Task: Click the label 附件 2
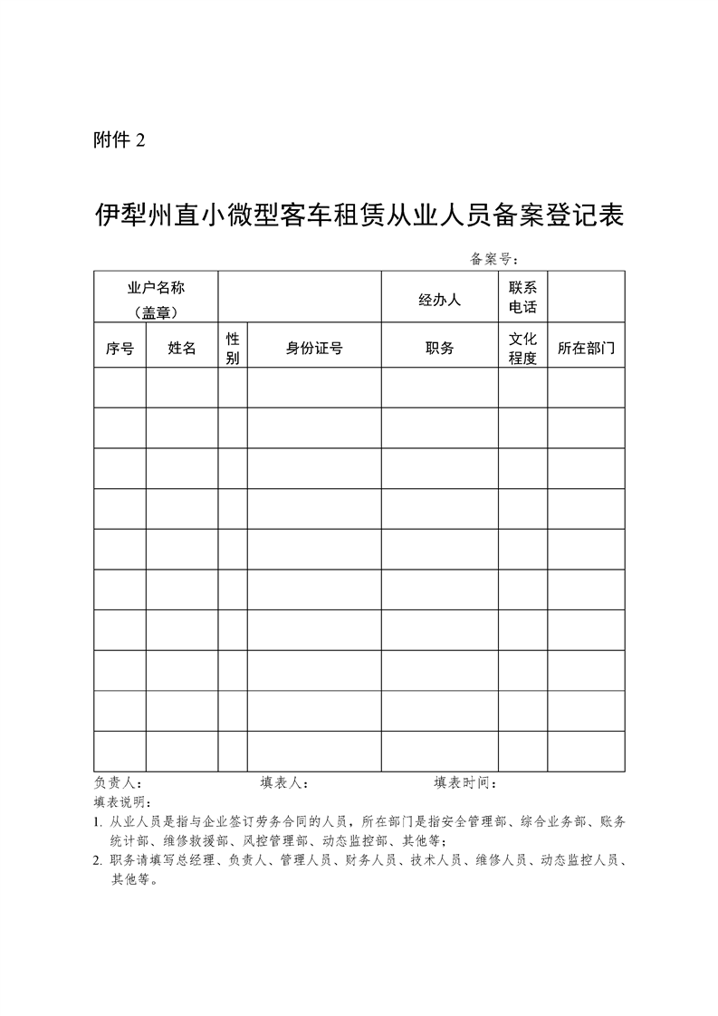tap(119, 140)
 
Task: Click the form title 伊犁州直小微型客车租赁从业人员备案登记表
tap(359, 216)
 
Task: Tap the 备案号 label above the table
tap(493, 260)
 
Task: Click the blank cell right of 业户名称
tap(300, 296)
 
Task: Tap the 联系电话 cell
tap(522, 297)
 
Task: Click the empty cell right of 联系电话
tap(586, 296)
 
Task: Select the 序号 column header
tap(120, 348)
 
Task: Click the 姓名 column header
tap(182, 348)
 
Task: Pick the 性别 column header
tap(233, 348)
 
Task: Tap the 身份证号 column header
tap(314, 348)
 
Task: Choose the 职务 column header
tap(439, 348)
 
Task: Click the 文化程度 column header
tap(522, 348)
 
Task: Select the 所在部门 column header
tap(586, 348)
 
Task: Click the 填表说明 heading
tap(123, 802)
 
